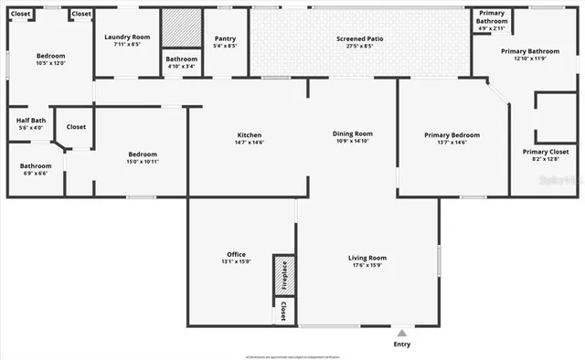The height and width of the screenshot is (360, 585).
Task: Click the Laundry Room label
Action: [127, 37]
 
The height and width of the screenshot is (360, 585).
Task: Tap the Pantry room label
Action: [224, 37]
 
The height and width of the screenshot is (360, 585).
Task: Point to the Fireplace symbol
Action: [283, 275]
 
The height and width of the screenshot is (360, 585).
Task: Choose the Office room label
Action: [236, 254]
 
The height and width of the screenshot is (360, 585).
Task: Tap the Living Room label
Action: [367, 258]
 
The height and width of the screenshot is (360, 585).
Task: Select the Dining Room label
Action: [352, 133]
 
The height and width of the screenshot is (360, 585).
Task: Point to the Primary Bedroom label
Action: [452, 135]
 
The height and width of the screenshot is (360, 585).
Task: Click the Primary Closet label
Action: [546, 152]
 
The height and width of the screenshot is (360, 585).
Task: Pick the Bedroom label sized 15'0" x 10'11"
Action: [143, 154]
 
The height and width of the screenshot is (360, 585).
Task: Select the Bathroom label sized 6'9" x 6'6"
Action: [37, 166]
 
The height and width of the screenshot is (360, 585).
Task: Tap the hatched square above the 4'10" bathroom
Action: [180, 27]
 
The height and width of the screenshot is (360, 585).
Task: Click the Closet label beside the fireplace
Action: [283, 311]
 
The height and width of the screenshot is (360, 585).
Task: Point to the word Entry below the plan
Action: [401, 344]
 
